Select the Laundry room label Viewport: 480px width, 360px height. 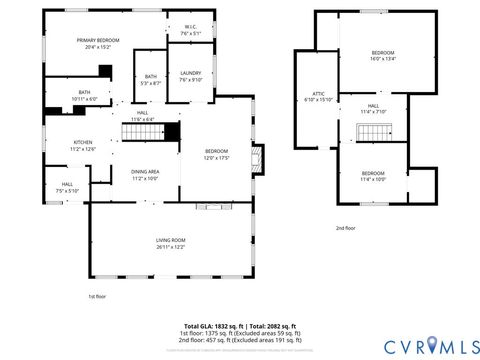coord(190,74)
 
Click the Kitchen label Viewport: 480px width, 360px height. coord(83,142)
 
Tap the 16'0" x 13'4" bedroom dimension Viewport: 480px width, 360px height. coord(384,59)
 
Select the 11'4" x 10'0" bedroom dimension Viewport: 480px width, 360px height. coord(373,179)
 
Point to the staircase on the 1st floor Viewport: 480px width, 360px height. coord(140,130)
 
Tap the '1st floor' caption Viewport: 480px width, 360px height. coord(96,297)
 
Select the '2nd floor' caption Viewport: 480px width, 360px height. coord(346,228)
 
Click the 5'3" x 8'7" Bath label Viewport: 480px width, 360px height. coord(150,80)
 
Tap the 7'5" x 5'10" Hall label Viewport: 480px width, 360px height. coord(67,187)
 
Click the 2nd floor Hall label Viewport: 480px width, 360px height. coord(372,108)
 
